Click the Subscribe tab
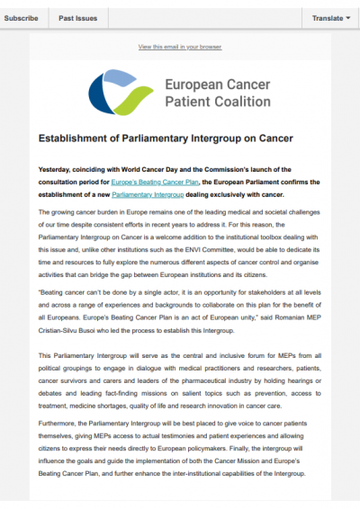tap(21, 17)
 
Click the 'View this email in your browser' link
tap(179, 46)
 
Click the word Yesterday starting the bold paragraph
tap(58, 169)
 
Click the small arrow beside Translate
tap(347, 17)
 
